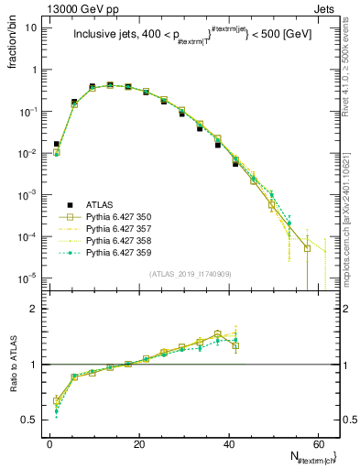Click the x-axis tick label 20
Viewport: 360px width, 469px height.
138,444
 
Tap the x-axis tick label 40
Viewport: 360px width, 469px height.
227,444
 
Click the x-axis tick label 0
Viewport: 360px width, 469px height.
49,444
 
